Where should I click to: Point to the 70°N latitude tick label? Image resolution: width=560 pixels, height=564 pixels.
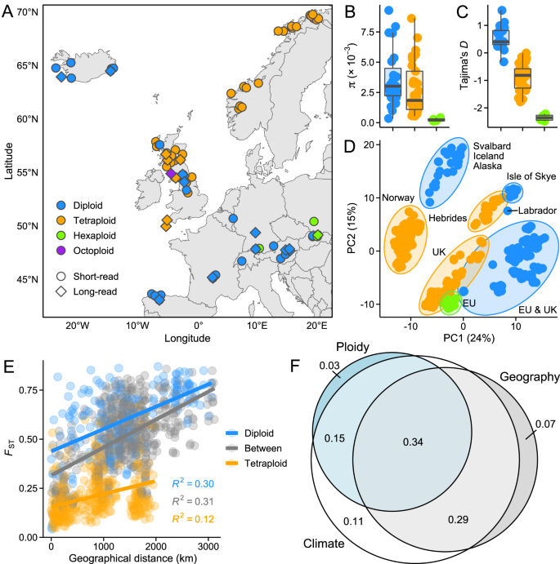point(28,13)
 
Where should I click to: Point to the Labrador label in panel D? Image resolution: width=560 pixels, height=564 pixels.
point(536,211)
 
